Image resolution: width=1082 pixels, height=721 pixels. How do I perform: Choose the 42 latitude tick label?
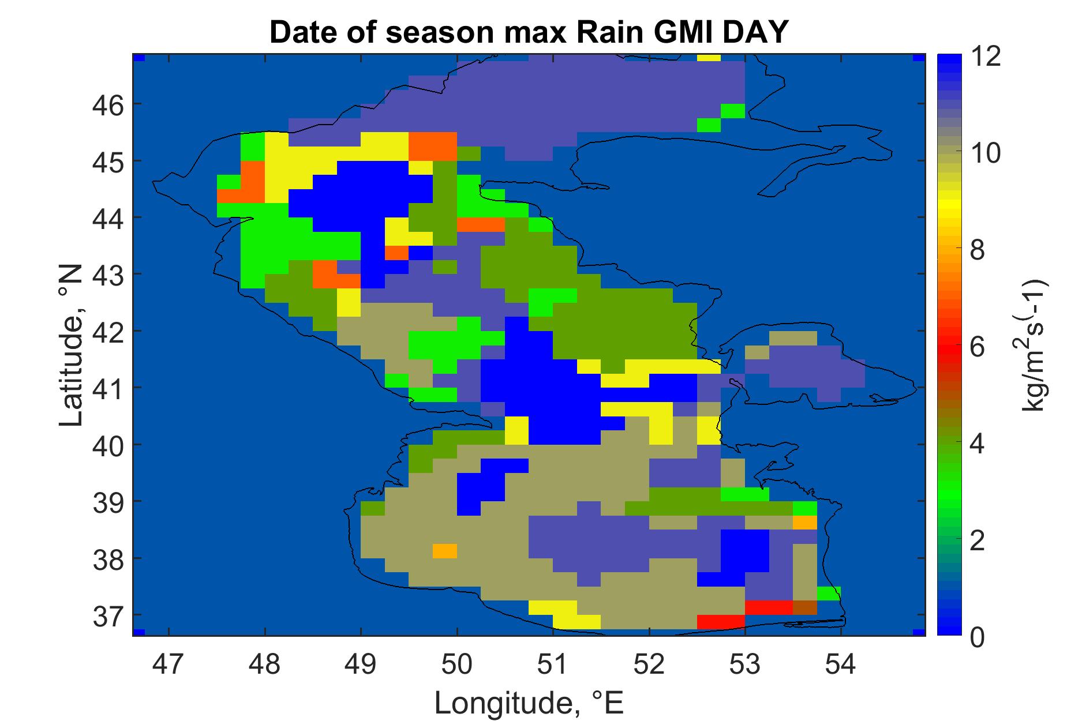coord(107,332)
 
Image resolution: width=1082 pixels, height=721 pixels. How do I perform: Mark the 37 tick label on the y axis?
coord(107,615)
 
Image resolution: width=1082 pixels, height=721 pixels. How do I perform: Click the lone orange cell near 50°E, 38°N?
coord(444,551)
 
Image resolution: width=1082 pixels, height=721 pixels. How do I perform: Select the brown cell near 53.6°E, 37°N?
coord(805,607)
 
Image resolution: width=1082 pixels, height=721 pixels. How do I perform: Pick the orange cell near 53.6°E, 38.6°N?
coord(805,523)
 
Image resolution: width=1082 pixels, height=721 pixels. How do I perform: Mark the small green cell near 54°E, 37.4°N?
coord(829,594)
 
